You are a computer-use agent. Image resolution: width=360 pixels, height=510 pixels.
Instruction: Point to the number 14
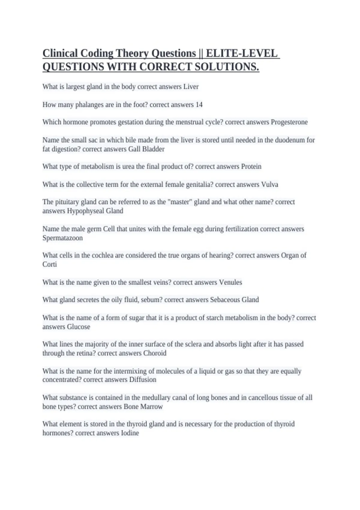click(199, 105)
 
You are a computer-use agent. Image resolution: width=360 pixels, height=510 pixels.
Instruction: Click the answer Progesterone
click(289, 122)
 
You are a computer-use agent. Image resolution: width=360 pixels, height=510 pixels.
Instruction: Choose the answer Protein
click(251, 166)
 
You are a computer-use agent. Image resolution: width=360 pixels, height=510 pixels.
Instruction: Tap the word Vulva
click(270, 184)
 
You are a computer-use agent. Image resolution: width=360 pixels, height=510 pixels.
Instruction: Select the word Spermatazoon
click(62, 238)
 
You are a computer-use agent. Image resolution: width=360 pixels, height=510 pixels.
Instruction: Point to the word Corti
click(49, 264)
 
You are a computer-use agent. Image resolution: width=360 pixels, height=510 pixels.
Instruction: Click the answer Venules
click(230, 282)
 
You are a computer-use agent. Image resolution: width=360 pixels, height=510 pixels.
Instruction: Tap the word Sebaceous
click(227, 300)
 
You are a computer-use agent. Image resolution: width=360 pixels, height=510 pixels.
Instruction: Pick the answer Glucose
click(78, 327)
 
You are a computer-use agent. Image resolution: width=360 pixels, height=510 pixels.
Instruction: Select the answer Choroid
click(154, 353)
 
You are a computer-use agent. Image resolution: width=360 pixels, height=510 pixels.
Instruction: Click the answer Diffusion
click(142, 379)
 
